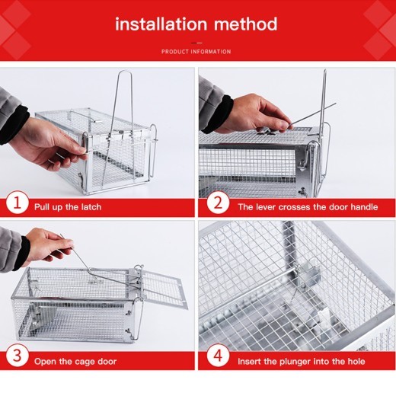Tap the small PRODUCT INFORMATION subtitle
point(196,52)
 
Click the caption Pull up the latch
point(68,206)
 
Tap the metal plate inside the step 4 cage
point(309,278)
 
